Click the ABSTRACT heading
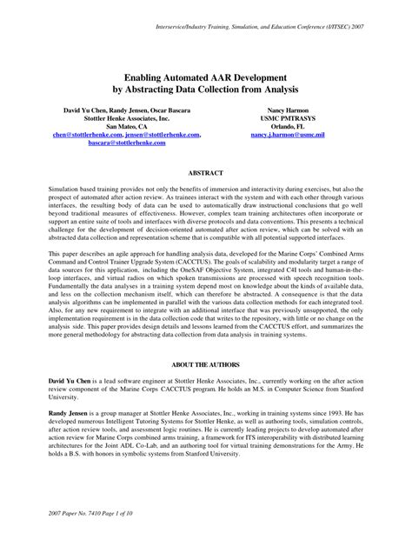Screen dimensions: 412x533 [206, 172]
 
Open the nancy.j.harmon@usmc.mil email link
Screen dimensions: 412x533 [287, 135]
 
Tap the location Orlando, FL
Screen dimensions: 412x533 [287, 126]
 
